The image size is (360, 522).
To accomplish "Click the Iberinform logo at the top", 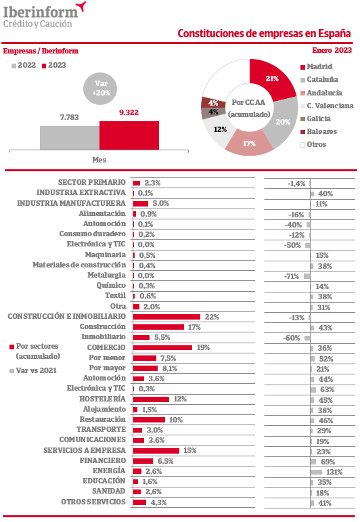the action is click(x=44, y=15).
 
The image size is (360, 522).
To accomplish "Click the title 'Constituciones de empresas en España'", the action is click(x=264, y=33).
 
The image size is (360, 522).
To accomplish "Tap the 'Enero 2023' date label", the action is click(x=332, y=50).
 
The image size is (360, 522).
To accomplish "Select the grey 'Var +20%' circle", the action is click(x=100, y=88).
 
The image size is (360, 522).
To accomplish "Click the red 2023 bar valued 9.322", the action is click(x=129, y=135).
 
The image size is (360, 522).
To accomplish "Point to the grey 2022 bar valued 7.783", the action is click(x=70, y=138).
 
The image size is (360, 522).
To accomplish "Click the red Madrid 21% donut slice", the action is click(x=271, y=79).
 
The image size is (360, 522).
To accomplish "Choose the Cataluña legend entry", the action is click(x=319, y=79).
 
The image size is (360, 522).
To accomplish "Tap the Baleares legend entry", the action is click(x=319, y=131).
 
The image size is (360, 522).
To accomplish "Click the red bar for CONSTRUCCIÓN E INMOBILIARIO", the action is click(x=166, y=317).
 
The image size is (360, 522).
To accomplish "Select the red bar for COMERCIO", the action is click(x=162, y=347).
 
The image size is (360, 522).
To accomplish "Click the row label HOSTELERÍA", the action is click(x=102, y=399).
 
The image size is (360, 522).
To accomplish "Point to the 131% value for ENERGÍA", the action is click(x=334, y=472).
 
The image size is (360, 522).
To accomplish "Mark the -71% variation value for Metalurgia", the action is click(x=292, y=276).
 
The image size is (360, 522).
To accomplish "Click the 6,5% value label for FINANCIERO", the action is click(x=165, y=461).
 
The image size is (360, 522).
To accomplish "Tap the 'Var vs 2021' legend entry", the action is click(x=33, y=370).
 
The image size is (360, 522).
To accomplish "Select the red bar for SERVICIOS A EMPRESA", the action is click(x=156, y=451).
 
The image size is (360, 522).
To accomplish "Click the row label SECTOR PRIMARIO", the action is click(x=92, y=182).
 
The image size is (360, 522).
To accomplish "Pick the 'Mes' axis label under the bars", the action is click(x=99, y=160).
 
